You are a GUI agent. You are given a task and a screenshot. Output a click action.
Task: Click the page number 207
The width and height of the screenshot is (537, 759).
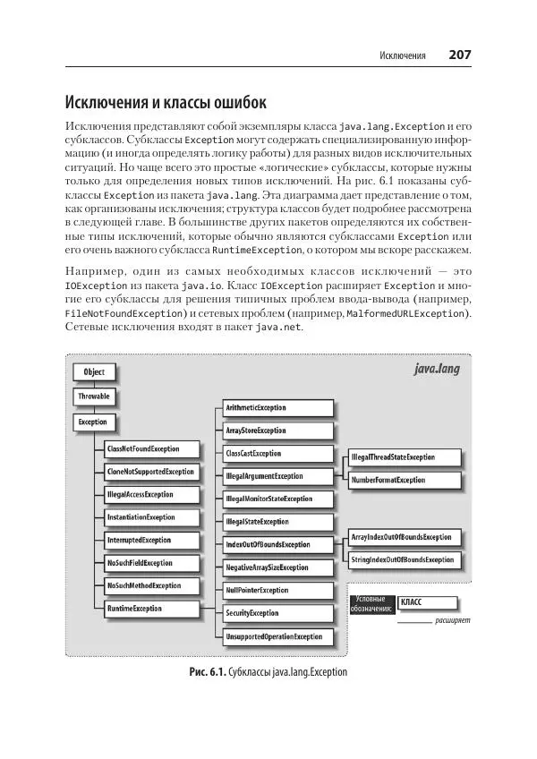(459, 55)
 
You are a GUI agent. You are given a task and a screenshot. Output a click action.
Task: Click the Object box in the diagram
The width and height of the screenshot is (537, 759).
(95, 372)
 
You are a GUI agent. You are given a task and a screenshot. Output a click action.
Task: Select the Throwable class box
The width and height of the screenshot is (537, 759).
(94, 397)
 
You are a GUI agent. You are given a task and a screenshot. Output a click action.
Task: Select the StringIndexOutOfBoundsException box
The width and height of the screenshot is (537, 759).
(403, 559)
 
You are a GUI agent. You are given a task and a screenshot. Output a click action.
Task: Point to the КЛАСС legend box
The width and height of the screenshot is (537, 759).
(425, 603)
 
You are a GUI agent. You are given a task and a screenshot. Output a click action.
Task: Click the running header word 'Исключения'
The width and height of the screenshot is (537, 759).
(403, 56)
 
